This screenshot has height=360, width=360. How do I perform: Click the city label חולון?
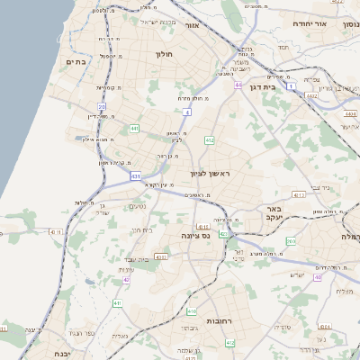point(163,56)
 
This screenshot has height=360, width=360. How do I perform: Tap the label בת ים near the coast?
point(75,61)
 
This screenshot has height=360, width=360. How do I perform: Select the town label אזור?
point(191,25)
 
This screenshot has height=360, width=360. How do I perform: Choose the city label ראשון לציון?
point(211,173)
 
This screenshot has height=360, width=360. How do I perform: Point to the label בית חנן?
point(142,229)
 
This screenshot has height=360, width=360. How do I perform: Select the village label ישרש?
point(298,274)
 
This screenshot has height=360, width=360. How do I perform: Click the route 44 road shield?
point(238,85)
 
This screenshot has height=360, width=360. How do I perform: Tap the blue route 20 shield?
point(103,106)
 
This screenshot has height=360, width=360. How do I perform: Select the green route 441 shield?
point(134,130)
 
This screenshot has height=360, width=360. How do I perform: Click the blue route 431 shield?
point(135,176)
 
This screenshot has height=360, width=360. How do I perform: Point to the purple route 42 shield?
point(127,280)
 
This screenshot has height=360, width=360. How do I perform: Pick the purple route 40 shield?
point(318,277)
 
